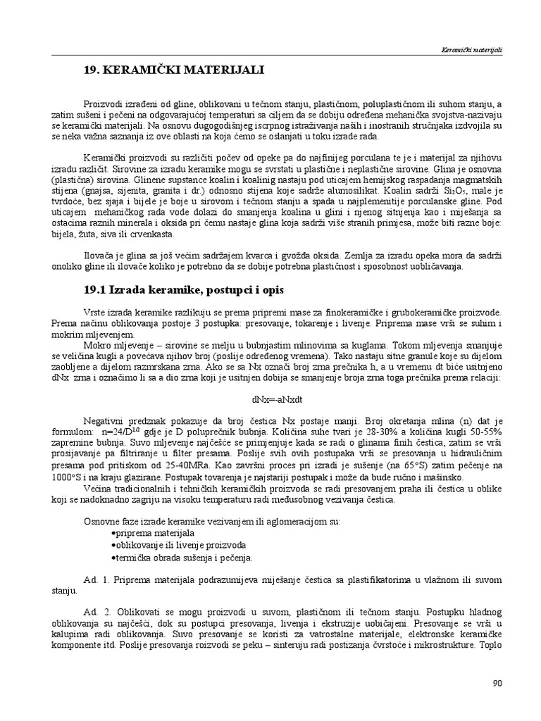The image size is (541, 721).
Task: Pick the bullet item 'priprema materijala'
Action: click(x=144, y=534)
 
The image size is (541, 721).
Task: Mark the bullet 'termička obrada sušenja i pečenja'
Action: click(x=171, y=558)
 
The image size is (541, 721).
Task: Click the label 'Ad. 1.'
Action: click(x=94, y=580)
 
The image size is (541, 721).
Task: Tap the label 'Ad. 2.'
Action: click(x=94, y=613)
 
